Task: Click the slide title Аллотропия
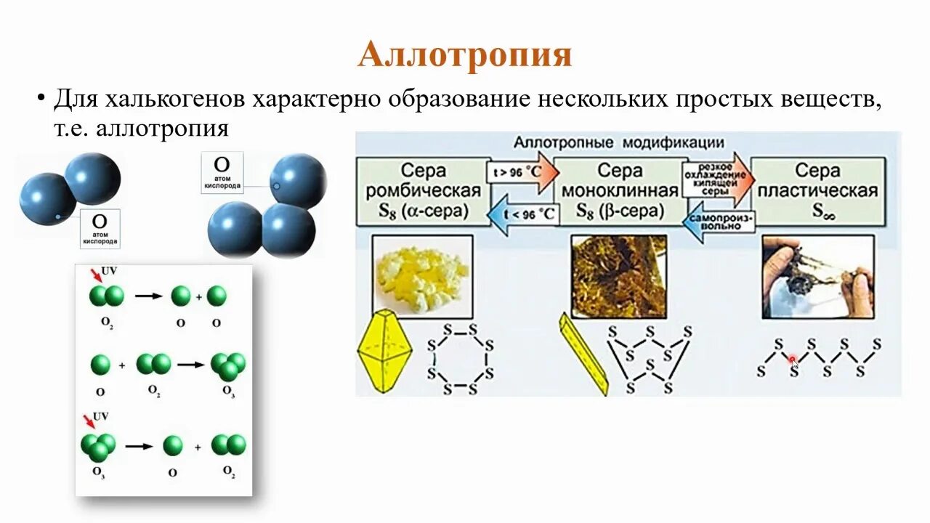pos(465,55)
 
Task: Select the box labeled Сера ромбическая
pos(424,191)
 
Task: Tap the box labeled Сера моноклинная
pos(620,191)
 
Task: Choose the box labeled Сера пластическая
pos(817,191)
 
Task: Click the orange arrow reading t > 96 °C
pos(522,174)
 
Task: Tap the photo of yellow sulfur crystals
pos(422,274)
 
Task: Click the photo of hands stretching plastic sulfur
pos(817,276)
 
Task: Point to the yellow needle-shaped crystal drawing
pos(583,354)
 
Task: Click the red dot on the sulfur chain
pos(793,359)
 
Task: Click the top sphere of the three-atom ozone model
pos(297,180)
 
